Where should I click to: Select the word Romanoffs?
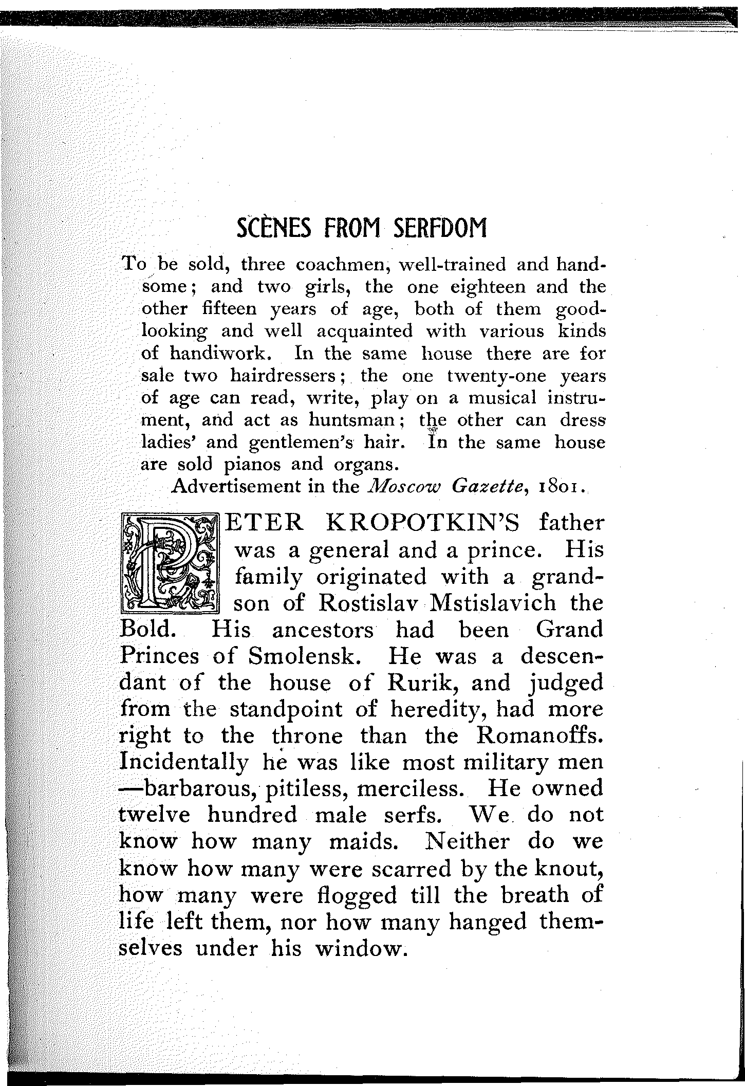click(x=539, y=736)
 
